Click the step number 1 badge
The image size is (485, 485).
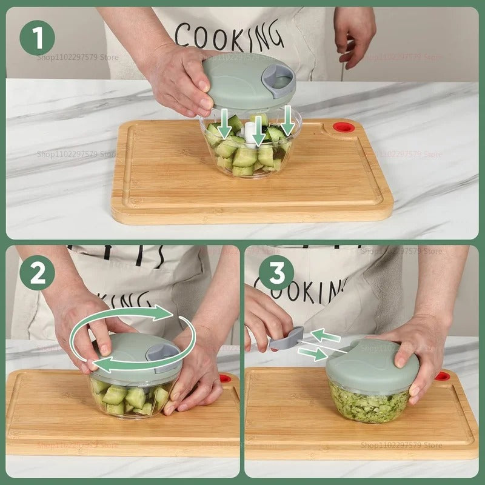click(x=37, y=38)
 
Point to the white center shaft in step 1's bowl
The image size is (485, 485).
click(x=249, y=130)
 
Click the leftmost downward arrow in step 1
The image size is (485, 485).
click(x=225, y=124)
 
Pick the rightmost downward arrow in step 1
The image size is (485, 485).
click(x=287, y=121)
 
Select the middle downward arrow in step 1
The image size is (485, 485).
click(x=259, y=131)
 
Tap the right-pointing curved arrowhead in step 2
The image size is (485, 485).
click(x=167, y=313)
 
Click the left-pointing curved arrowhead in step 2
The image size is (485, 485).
click(x=100, y=364)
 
